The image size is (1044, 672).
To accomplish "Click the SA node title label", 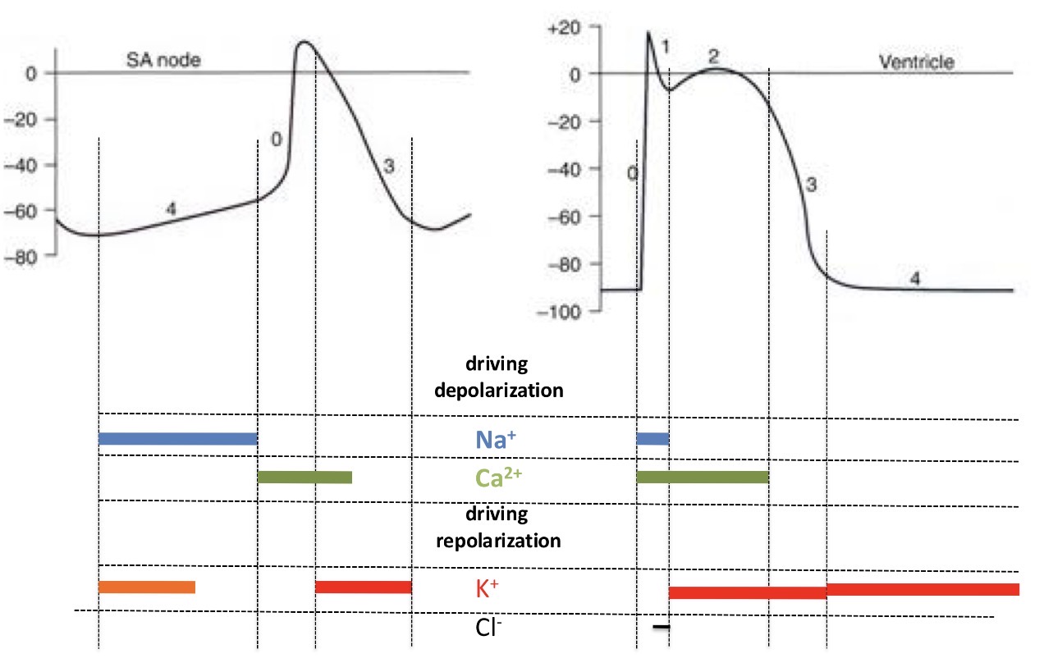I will pos(163,60).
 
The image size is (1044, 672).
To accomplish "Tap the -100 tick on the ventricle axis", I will pos(560,312).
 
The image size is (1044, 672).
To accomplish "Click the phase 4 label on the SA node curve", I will pos(171,208).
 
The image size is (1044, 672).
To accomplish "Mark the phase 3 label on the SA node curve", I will pos(389,166).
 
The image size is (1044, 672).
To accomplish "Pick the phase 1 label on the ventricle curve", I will pos(666,47).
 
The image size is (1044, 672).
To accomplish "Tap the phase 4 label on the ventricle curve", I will pos(914,277).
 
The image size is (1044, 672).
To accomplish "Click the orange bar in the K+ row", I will pos(146,587).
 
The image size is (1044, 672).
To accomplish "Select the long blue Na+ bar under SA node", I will pos(177,439).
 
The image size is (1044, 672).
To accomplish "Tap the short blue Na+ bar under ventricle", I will pos(652,439).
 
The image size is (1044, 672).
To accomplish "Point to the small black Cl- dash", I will pos(662,628).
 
